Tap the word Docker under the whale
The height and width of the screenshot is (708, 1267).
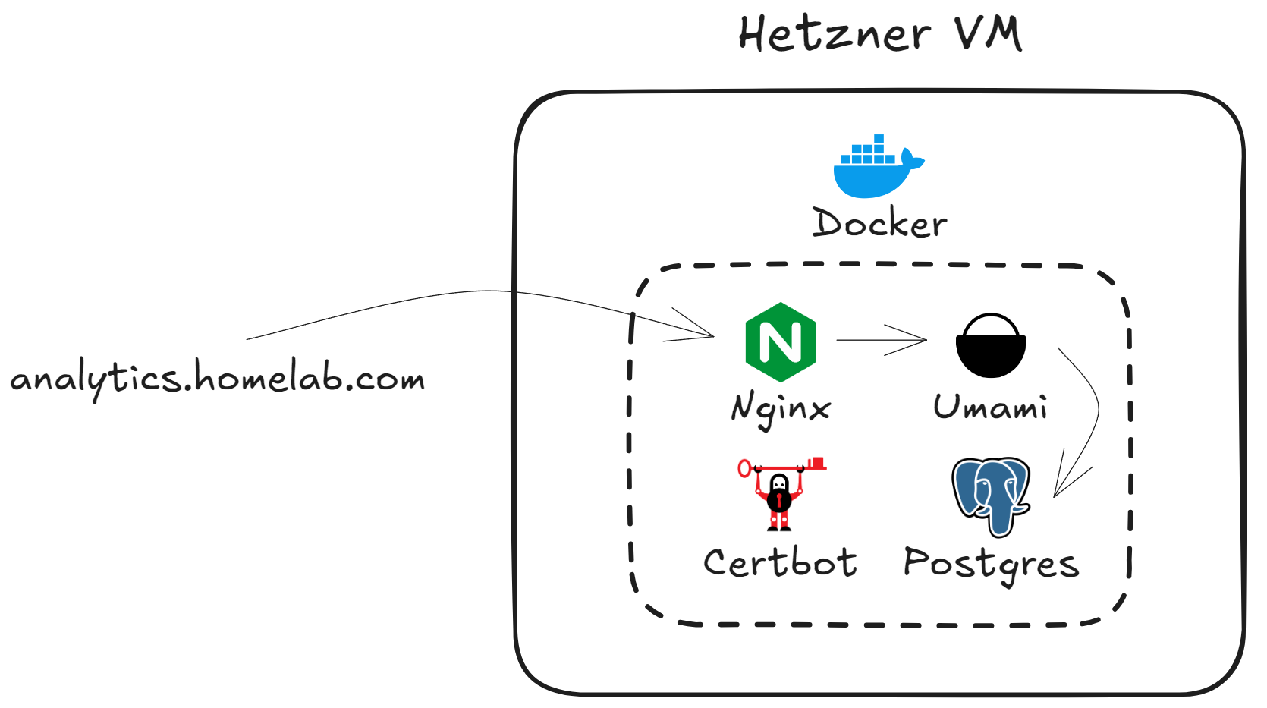(x=879, y=223)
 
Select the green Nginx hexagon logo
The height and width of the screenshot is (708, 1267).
(x=780, y=341)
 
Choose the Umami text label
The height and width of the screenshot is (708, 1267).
(x=990, y=407)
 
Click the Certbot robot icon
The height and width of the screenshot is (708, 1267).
(x=779, y=497)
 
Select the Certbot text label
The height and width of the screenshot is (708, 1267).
(x=780, y=562)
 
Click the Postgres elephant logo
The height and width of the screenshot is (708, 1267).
(x=991, y=495)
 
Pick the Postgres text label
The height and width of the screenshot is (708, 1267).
(x=991, y=564)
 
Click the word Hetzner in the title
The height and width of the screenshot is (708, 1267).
(x=834, y=34)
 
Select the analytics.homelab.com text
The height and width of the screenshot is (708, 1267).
(x=218, y=379)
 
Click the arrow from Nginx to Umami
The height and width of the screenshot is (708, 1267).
(x=880, y=340)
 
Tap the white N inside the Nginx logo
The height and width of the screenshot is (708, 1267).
(x=780, y=342)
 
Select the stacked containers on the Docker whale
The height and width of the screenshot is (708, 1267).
(x=869, y=152)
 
